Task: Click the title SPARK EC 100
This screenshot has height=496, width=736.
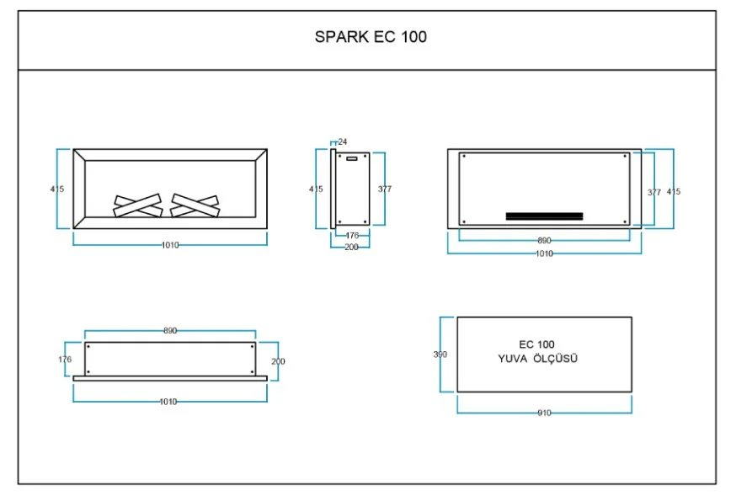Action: (x=371, y=36)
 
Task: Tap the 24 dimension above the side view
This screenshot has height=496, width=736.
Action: (x=343, y=141)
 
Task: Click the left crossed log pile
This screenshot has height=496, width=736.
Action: (x=138, y=205)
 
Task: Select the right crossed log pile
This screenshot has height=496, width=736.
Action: (x=195, y=205)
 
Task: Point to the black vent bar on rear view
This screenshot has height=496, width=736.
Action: (x=545, y=216)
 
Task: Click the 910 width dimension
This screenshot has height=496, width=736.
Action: (x=545, y=413)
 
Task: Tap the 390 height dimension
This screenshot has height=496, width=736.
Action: (x=440, y=355)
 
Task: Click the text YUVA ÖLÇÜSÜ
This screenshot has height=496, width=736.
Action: (x=538, y=359)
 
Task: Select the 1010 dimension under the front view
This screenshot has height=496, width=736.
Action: (x=170, y=245)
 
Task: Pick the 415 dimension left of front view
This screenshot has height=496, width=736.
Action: (x=57, y=189)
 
